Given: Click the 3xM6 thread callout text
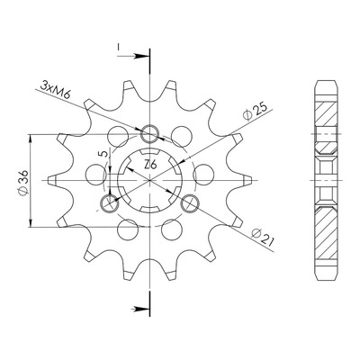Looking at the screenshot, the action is pos(56,91).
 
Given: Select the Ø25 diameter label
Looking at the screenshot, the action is pos(255,112).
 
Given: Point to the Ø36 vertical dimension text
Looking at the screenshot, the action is pos(23,183).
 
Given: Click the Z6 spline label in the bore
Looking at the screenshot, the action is pos(150,165).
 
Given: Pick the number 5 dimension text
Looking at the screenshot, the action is pos(103,154).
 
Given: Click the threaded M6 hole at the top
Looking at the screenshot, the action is pos(149,133).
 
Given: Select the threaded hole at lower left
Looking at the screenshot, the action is pos(109,202).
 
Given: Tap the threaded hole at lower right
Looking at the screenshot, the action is pos(190,202).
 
